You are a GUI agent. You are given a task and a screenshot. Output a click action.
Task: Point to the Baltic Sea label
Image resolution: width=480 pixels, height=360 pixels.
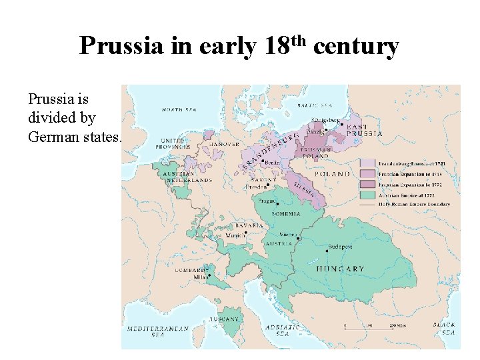tap(315, 105)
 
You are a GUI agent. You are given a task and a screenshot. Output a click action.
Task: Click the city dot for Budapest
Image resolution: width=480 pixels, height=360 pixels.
tap(327, 251)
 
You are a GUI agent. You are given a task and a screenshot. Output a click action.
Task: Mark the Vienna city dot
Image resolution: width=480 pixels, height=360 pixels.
tap(298, 238)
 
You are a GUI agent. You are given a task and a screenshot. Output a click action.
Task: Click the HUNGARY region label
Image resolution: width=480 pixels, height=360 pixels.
tap(340, 269)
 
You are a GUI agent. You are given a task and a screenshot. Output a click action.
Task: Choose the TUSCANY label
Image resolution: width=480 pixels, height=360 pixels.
tap(224, 319)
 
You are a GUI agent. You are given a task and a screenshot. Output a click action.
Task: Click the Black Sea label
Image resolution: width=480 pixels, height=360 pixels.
tap(444, 328)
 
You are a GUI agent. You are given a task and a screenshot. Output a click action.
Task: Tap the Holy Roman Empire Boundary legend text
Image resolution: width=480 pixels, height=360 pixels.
tap(414, 205)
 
